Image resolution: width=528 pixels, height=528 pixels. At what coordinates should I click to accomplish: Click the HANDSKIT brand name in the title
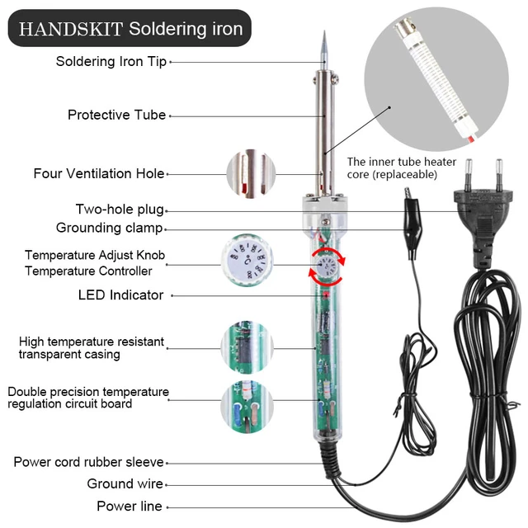(x=70, y=29)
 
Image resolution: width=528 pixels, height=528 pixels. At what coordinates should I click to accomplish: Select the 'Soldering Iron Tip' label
(x=111, y=61)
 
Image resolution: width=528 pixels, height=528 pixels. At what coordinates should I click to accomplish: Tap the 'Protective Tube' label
(x=116, y=115)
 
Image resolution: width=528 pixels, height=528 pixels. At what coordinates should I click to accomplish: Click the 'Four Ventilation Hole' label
(x=98, y=173)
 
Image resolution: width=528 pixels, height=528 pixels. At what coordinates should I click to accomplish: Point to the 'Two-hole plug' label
(x=120, y=210)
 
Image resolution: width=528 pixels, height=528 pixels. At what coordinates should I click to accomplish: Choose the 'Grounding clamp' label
(x=109, y=228)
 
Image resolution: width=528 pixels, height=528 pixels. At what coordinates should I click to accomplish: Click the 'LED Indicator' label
(x=120, y=295)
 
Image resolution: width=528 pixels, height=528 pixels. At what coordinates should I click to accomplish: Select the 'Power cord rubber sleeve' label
(x=88, y=462)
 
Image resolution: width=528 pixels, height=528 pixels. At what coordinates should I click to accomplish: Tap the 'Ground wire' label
(x=125, y=483)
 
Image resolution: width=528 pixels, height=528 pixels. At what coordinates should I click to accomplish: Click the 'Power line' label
(x=129, y=506)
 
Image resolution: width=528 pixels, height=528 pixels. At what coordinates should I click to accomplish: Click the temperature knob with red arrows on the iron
(x=324, y=269)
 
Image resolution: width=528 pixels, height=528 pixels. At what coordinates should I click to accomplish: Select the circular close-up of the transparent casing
(x=248, y=346)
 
